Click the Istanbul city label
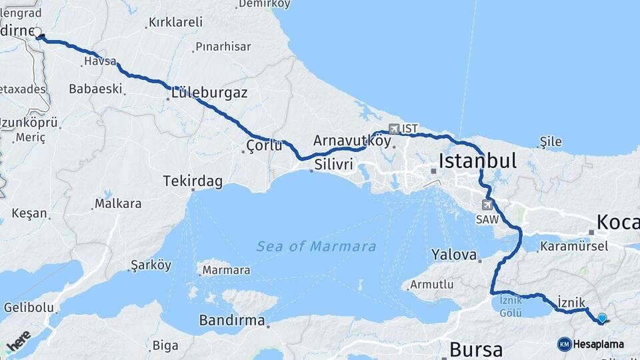pos(477,161)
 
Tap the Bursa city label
pos(476,349)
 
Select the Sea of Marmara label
pos(316,247)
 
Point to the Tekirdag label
pos(193,181)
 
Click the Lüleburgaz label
pos(209,93)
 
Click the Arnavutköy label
pos(351,141)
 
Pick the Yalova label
pos(454,255)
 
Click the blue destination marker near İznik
pos(602,319)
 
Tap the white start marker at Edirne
pos(37,31)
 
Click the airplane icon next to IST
pos(394,128)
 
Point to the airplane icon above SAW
pos(488,204)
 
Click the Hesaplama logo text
pos(598,344)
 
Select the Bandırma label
pos(232,320)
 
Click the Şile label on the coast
pos(551,141)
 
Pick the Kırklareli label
pos(175,22)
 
